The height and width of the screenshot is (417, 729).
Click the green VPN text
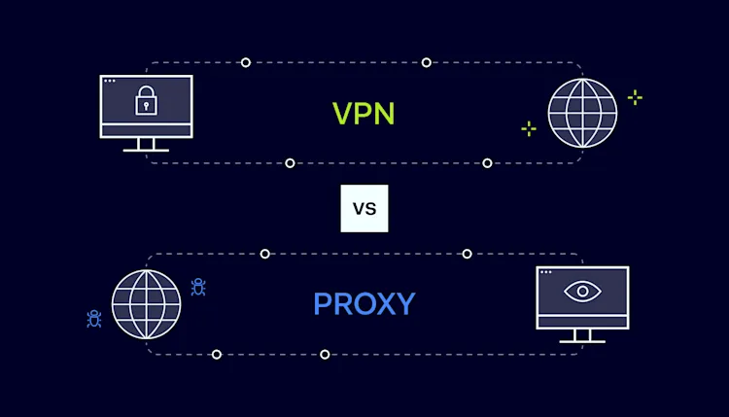364,114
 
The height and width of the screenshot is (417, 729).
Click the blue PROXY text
364,304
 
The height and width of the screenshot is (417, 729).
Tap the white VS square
364,208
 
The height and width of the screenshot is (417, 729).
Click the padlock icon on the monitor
146,99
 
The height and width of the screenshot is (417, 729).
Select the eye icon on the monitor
582,291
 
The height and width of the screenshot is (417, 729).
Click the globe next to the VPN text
582,113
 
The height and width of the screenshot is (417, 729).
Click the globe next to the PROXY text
146,304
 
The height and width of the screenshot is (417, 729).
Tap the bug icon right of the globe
198,287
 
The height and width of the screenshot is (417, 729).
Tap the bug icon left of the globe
94,318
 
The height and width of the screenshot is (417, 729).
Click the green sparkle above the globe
635,97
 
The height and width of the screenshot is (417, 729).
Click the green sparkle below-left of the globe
528,128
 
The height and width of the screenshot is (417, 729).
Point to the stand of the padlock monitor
146,144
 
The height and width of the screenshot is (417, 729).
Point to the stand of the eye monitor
582,335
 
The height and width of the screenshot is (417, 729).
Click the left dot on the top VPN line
246,62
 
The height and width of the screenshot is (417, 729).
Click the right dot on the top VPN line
427,62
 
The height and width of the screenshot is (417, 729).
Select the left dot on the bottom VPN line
290,162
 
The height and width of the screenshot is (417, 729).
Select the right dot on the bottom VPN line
487,162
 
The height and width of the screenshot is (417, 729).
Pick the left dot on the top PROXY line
265,254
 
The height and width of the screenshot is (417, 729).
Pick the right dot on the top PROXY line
467,254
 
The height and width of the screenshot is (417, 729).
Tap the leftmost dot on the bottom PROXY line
217,354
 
